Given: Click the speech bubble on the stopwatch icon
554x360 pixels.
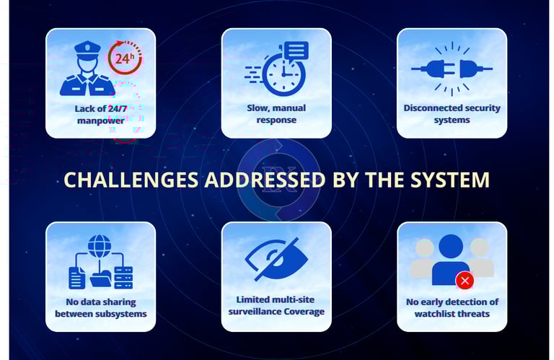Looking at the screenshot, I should (x=296, y=51).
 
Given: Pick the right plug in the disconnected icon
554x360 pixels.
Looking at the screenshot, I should (x=472, y=69).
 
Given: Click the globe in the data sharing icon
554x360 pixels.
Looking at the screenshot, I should (x=100, y=246).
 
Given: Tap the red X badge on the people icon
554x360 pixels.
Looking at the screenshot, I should (x=465, y=280).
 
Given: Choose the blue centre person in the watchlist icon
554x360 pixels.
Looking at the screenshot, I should (x=451, y=260).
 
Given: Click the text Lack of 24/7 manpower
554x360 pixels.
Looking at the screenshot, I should (x=100, y=114).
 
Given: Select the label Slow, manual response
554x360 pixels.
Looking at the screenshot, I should (x=276, y=113).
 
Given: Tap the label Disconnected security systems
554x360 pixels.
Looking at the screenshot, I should (x=452, y=113).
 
